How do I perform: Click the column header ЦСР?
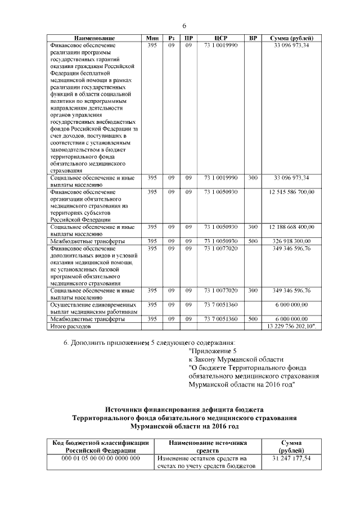pyautogui.click(x=220, y=38)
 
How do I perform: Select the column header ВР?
pyautogui.click(x=253, y=38)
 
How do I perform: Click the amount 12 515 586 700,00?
pyautogui.click(x=292, y=192)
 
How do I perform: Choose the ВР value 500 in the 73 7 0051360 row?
pyautogui.click(x=253, y=318)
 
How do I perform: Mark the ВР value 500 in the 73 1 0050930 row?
pyautogui.click(x=253, y=241)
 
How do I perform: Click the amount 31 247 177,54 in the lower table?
pyautogui.click(x=291, y=458)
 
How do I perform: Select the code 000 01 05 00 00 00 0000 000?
pyautogui.click(x=100, y=458)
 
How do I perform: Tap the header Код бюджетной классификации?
pyautogui.click(x=100, y=443)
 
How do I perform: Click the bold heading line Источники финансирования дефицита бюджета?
pyautogui.click(x=185, y=408)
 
